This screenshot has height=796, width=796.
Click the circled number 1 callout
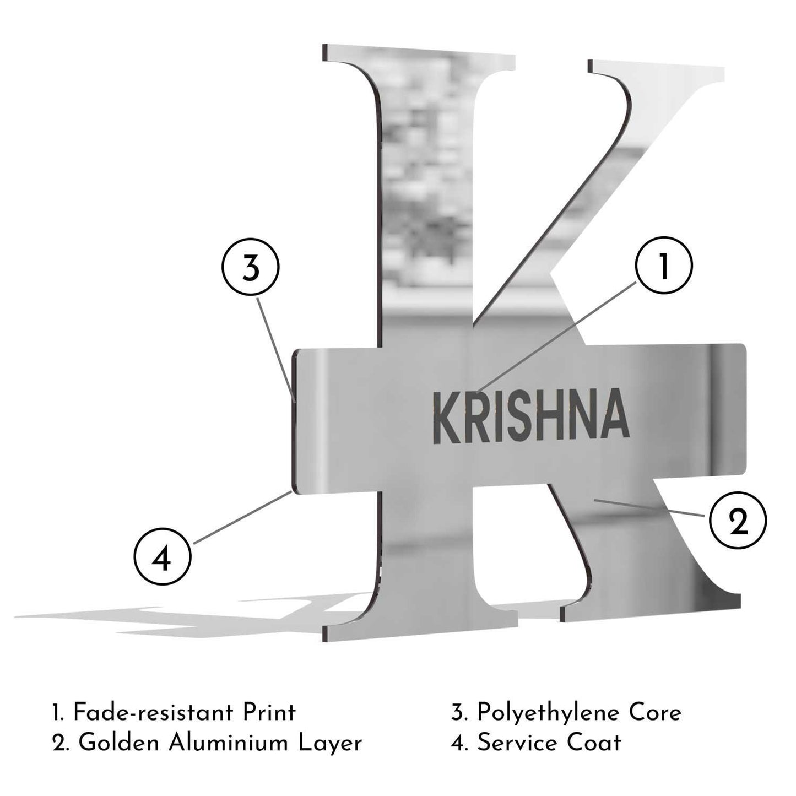point(663,266)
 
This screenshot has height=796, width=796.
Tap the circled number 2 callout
point(738,521)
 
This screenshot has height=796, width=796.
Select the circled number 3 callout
point(251,267)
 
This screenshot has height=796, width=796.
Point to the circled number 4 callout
point(163,556)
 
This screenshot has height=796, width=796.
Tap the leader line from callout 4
point(242,517)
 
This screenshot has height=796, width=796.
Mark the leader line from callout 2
point(649,508)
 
